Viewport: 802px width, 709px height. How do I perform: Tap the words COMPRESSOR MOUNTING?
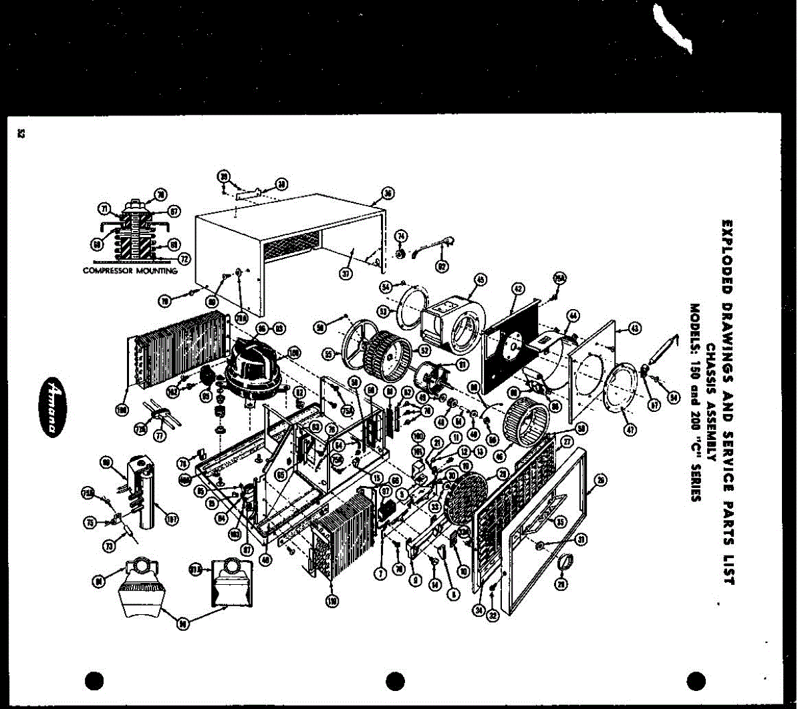pos(130,271)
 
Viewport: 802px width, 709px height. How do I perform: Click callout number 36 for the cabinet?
pos(388,195)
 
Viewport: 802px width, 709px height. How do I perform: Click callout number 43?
pos(634,327)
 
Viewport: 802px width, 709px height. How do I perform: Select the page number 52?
pos(20,134)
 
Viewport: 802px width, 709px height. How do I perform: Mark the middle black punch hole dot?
pos(396,681)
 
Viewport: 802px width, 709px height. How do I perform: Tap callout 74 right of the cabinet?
pos(401,236)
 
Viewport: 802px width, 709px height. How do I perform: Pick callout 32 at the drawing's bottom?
pos(494,615)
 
